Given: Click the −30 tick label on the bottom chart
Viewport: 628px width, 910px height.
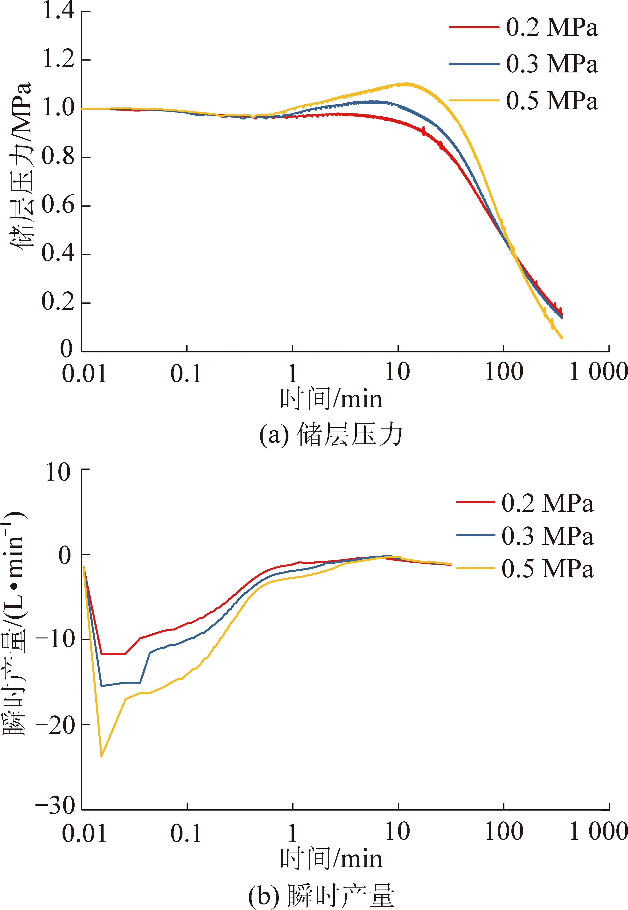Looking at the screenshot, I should (55, 805).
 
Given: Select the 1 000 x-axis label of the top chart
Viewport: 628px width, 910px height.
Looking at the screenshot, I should (598, 372).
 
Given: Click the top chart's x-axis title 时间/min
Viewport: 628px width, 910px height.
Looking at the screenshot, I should (331, 399).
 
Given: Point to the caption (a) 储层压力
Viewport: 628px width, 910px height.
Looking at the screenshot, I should (331, 435).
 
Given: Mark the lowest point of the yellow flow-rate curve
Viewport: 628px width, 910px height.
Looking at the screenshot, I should (102, 756).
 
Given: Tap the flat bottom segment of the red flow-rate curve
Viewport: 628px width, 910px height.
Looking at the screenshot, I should (113, 654).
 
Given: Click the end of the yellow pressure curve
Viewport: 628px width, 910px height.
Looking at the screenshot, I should (561, 337).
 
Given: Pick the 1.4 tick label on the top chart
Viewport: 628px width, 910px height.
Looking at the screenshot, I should (58, 11).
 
